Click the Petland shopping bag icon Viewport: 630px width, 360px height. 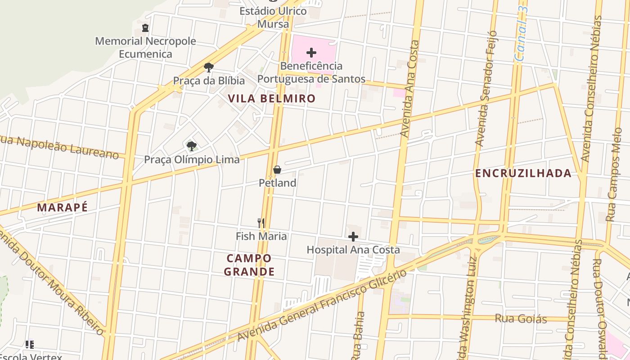[x=277, y=170]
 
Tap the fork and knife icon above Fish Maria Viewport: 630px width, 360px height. [x=261, y=222]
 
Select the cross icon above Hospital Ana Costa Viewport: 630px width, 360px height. [x=353, y=236]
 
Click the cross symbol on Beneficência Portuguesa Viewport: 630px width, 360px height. [x=311, y=53]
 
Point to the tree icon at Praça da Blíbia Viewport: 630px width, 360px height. [x=208, y=67]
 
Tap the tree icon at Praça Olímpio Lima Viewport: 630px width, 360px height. [x=192, y=146]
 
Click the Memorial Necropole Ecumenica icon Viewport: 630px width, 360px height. [x=145, y=28]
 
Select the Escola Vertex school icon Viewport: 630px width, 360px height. [x=30, y=345]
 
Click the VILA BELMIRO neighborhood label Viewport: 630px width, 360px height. [x=271, y=99]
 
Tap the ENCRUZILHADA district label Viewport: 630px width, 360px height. [x=523, y=173]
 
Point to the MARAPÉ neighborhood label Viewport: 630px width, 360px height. [x=62, y=207]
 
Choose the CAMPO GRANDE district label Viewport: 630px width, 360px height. [x=249, y=265]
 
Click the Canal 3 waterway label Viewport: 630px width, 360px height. [x=522, y=34]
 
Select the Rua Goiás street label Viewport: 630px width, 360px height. [x=521, y=319]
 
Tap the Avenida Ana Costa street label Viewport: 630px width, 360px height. [x=410, y=89]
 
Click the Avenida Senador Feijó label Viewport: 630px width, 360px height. [x=486, y=88]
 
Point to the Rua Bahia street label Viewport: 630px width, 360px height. [x=359, y=335]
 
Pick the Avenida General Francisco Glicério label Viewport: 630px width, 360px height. [x=322, y=306]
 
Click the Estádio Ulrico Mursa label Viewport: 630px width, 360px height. [x=273, y=18]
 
